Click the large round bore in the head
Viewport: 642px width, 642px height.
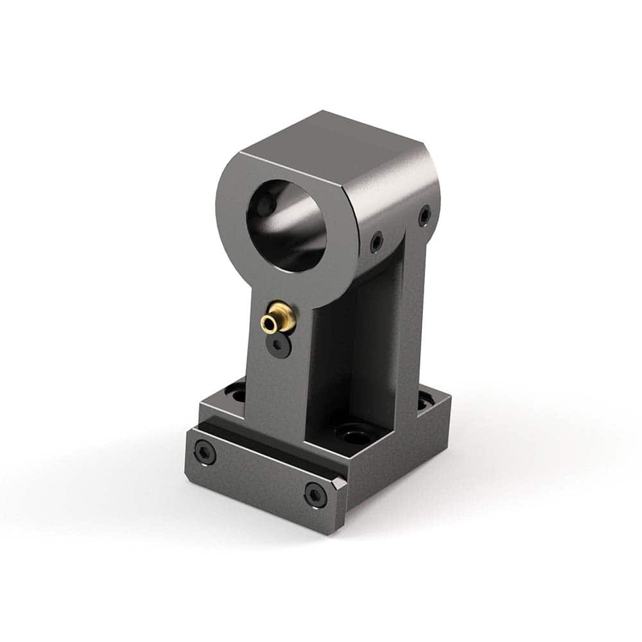[287, 225]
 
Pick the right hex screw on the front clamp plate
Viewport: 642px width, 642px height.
[315, 495]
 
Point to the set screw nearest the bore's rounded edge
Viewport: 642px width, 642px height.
[376, 241]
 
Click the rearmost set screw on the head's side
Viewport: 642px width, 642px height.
[424, 216]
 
